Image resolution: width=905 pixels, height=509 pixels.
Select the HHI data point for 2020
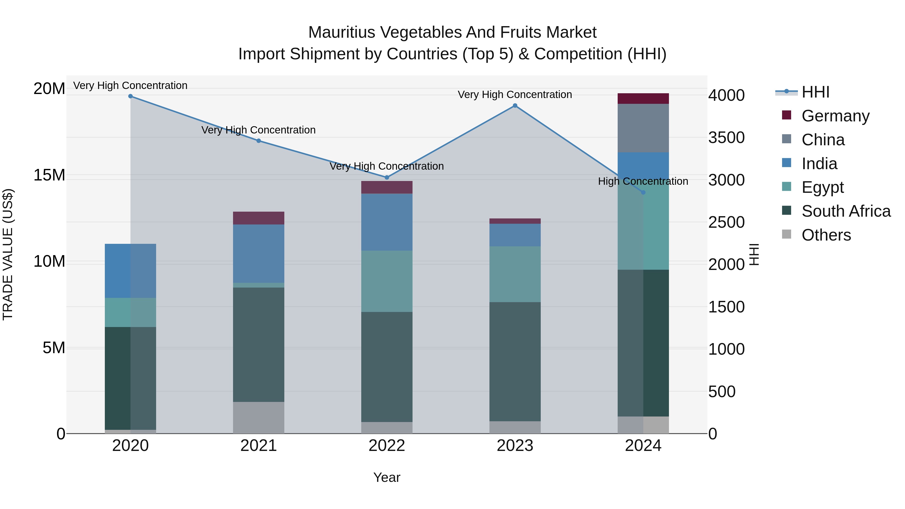[130, 96]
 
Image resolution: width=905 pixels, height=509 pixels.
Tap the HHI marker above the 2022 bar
[387, 177]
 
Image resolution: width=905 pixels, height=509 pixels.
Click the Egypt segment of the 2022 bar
[387, 281]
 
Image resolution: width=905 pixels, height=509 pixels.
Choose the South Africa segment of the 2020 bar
[130, 378]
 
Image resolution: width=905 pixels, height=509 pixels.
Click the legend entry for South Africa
[846, 211]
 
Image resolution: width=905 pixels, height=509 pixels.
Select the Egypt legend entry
[822, 187]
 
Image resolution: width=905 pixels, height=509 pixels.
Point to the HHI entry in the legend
[815, 92]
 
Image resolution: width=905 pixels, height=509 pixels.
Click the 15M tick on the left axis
[49, 175]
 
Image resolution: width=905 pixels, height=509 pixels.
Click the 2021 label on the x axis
[259, 446]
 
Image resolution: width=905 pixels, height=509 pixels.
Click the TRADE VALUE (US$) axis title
[8, 254]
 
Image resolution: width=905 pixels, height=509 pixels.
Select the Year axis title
[387, 477]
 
